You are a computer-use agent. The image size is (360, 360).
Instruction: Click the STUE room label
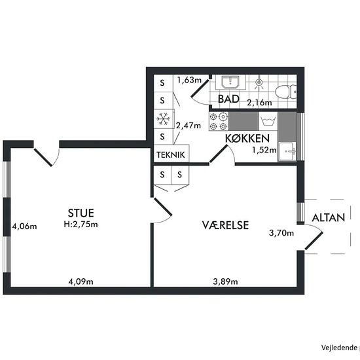(81, 213)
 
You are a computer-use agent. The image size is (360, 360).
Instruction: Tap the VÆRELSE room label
(225, 225)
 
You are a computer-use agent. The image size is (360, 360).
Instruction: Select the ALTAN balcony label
(329, 218)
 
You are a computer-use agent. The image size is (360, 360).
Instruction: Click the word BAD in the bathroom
(228, 99)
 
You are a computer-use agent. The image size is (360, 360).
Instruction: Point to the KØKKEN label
(247, 138)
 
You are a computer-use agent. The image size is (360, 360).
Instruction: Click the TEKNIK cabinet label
(171, 154)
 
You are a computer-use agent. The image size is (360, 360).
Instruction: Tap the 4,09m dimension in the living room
(81, 281)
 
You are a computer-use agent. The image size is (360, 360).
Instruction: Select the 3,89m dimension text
(225, 281)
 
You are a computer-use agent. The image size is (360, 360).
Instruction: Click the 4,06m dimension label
(24, 226)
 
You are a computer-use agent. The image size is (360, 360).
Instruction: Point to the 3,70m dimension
(281, 233)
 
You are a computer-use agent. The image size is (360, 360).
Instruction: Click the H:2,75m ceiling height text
(81, 224)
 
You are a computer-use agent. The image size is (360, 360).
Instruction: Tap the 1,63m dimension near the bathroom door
(189, 80)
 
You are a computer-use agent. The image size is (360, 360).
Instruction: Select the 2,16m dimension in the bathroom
(259, 102)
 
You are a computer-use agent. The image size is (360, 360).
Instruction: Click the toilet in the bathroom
(286, 92)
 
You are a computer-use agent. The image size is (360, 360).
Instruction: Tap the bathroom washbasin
(230, 82)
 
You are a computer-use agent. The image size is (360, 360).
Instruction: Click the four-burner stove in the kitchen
(219, 121)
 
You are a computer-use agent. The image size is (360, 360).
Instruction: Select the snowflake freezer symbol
(163, 119)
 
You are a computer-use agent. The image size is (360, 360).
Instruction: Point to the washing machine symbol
(268, 121)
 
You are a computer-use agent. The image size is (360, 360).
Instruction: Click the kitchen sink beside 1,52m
(287, 151)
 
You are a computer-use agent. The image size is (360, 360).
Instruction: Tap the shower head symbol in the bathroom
(259, 82)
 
